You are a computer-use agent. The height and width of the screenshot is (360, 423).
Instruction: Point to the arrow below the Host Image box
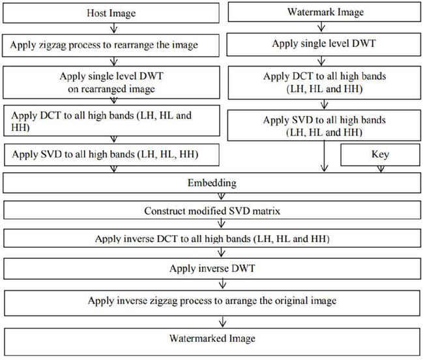(x=114, y=29)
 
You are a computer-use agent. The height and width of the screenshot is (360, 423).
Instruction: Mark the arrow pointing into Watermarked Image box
(x=225, y=321)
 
